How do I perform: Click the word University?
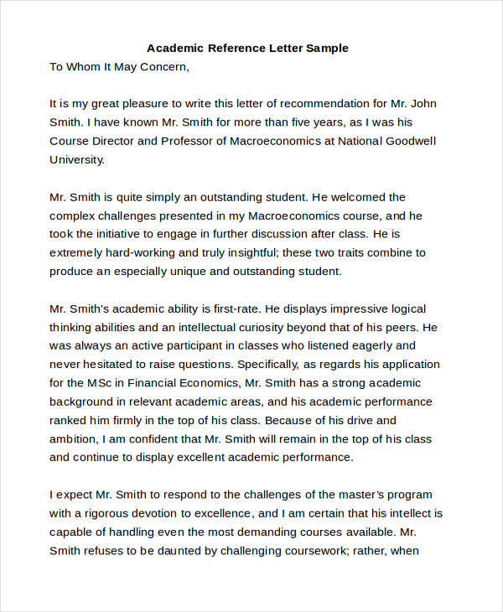tap(77, 159)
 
